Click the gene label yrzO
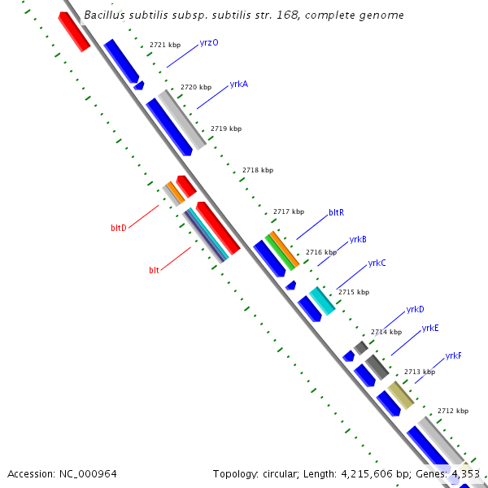[x=209, y=42]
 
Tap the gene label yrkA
[x=239, y=84]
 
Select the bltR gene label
[x=336, y=212]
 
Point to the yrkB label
[x=358, y=239]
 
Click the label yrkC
[x=377, y=263]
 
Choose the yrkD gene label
[x=415, y=309]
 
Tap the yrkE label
[x=430, y=328]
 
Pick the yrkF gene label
[x=453, y=356]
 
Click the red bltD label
[x=119, y=228]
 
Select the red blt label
[x=154, y=269]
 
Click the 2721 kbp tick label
[x=165, y=45]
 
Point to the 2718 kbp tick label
[x=258, y=170]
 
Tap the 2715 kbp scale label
[x=354, y=292]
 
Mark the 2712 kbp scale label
[x=453, y=412]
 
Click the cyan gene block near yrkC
[x=321, y=300]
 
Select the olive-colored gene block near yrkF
[x=400, y=394]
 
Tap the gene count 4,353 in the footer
[x=466, y=473]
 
